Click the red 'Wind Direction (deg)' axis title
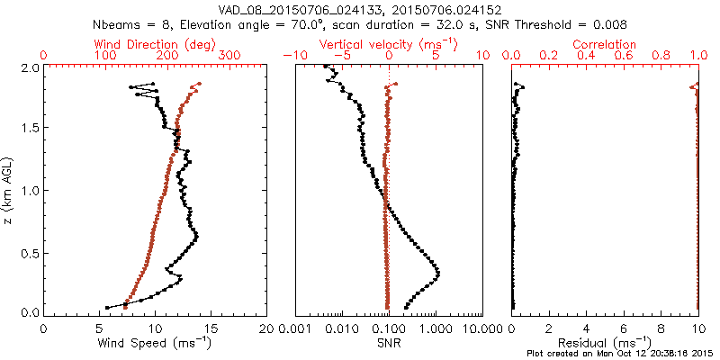(x=155, y=43)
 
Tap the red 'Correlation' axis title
(x=605, y=43)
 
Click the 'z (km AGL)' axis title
(x=8, y=189)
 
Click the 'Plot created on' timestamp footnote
(x=621, y=354)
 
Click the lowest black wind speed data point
(x=107, y=307)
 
